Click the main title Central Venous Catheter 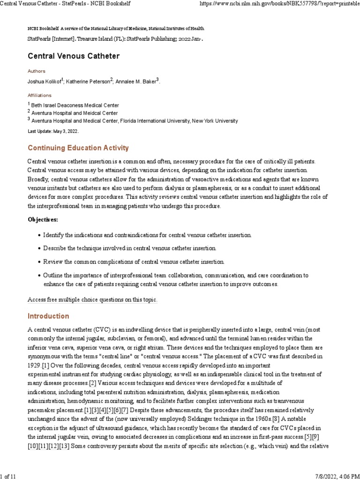tap(74, 56)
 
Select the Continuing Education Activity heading tap(78, 148)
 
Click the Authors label tap(37, 71)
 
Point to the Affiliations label tap(40, 95)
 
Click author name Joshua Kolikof tap(45, 82)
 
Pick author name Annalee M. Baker tap(136, 82)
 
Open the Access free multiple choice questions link tap(92, 300)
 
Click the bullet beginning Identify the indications tap(148, 234)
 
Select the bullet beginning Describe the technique tap(130, 248)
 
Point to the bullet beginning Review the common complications tap(134, 262)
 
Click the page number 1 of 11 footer tap(9, 476)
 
